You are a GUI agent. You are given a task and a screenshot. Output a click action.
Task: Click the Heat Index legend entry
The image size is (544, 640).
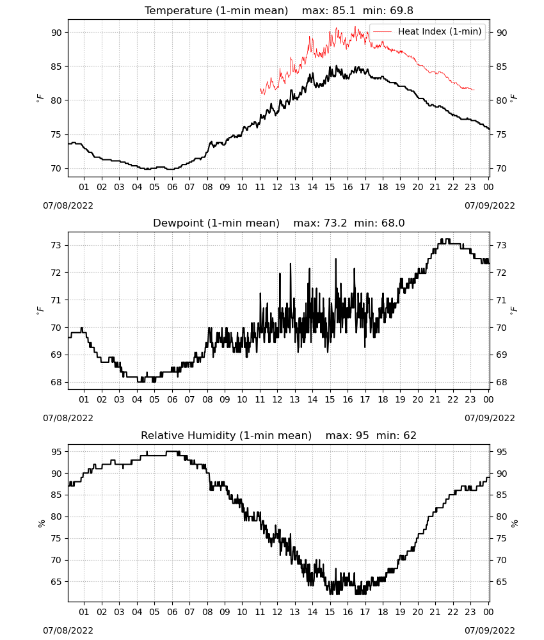point(428,31)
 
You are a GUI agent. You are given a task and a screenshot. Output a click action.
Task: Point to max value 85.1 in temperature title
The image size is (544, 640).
point(344,10)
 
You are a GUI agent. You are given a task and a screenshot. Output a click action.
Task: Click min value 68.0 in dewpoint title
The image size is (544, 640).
point(393,223)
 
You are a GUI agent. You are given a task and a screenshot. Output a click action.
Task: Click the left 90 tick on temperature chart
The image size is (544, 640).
point(57,33)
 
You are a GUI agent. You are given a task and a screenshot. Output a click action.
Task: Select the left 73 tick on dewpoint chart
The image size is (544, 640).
point(57,245)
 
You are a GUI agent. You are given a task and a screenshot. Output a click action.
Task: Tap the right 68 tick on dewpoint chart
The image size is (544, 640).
point(501,383)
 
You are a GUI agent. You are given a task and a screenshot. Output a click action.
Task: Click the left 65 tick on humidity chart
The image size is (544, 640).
point(57,582)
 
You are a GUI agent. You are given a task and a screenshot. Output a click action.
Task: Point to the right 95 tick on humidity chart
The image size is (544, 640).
point(501,452)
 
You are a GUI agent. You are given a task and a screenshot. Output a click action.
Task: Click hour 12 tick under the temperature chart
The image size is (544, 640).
point(278,187)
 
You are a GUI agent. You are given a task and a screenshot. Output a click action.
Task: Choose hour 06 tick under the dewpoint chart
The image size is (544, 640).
point(172,399)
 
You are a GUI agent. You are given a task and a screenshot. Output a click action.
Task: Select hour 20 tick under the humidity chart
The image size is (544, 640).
point(418,612)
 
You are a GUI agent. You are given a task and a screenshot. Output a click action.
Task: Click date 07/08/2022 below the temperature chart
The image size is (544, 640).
point(68,205)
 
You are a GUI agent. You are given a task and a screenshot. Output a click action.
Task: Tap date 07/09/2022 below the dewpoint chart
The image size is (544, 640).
point(490,418)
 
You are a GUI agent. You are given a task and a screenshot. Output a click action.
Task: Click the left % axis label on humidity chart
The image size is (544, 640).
point(41,524)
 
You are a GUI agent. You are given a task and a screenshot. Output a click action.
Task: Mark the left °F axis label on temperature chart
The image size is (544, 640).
point(40,98)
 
